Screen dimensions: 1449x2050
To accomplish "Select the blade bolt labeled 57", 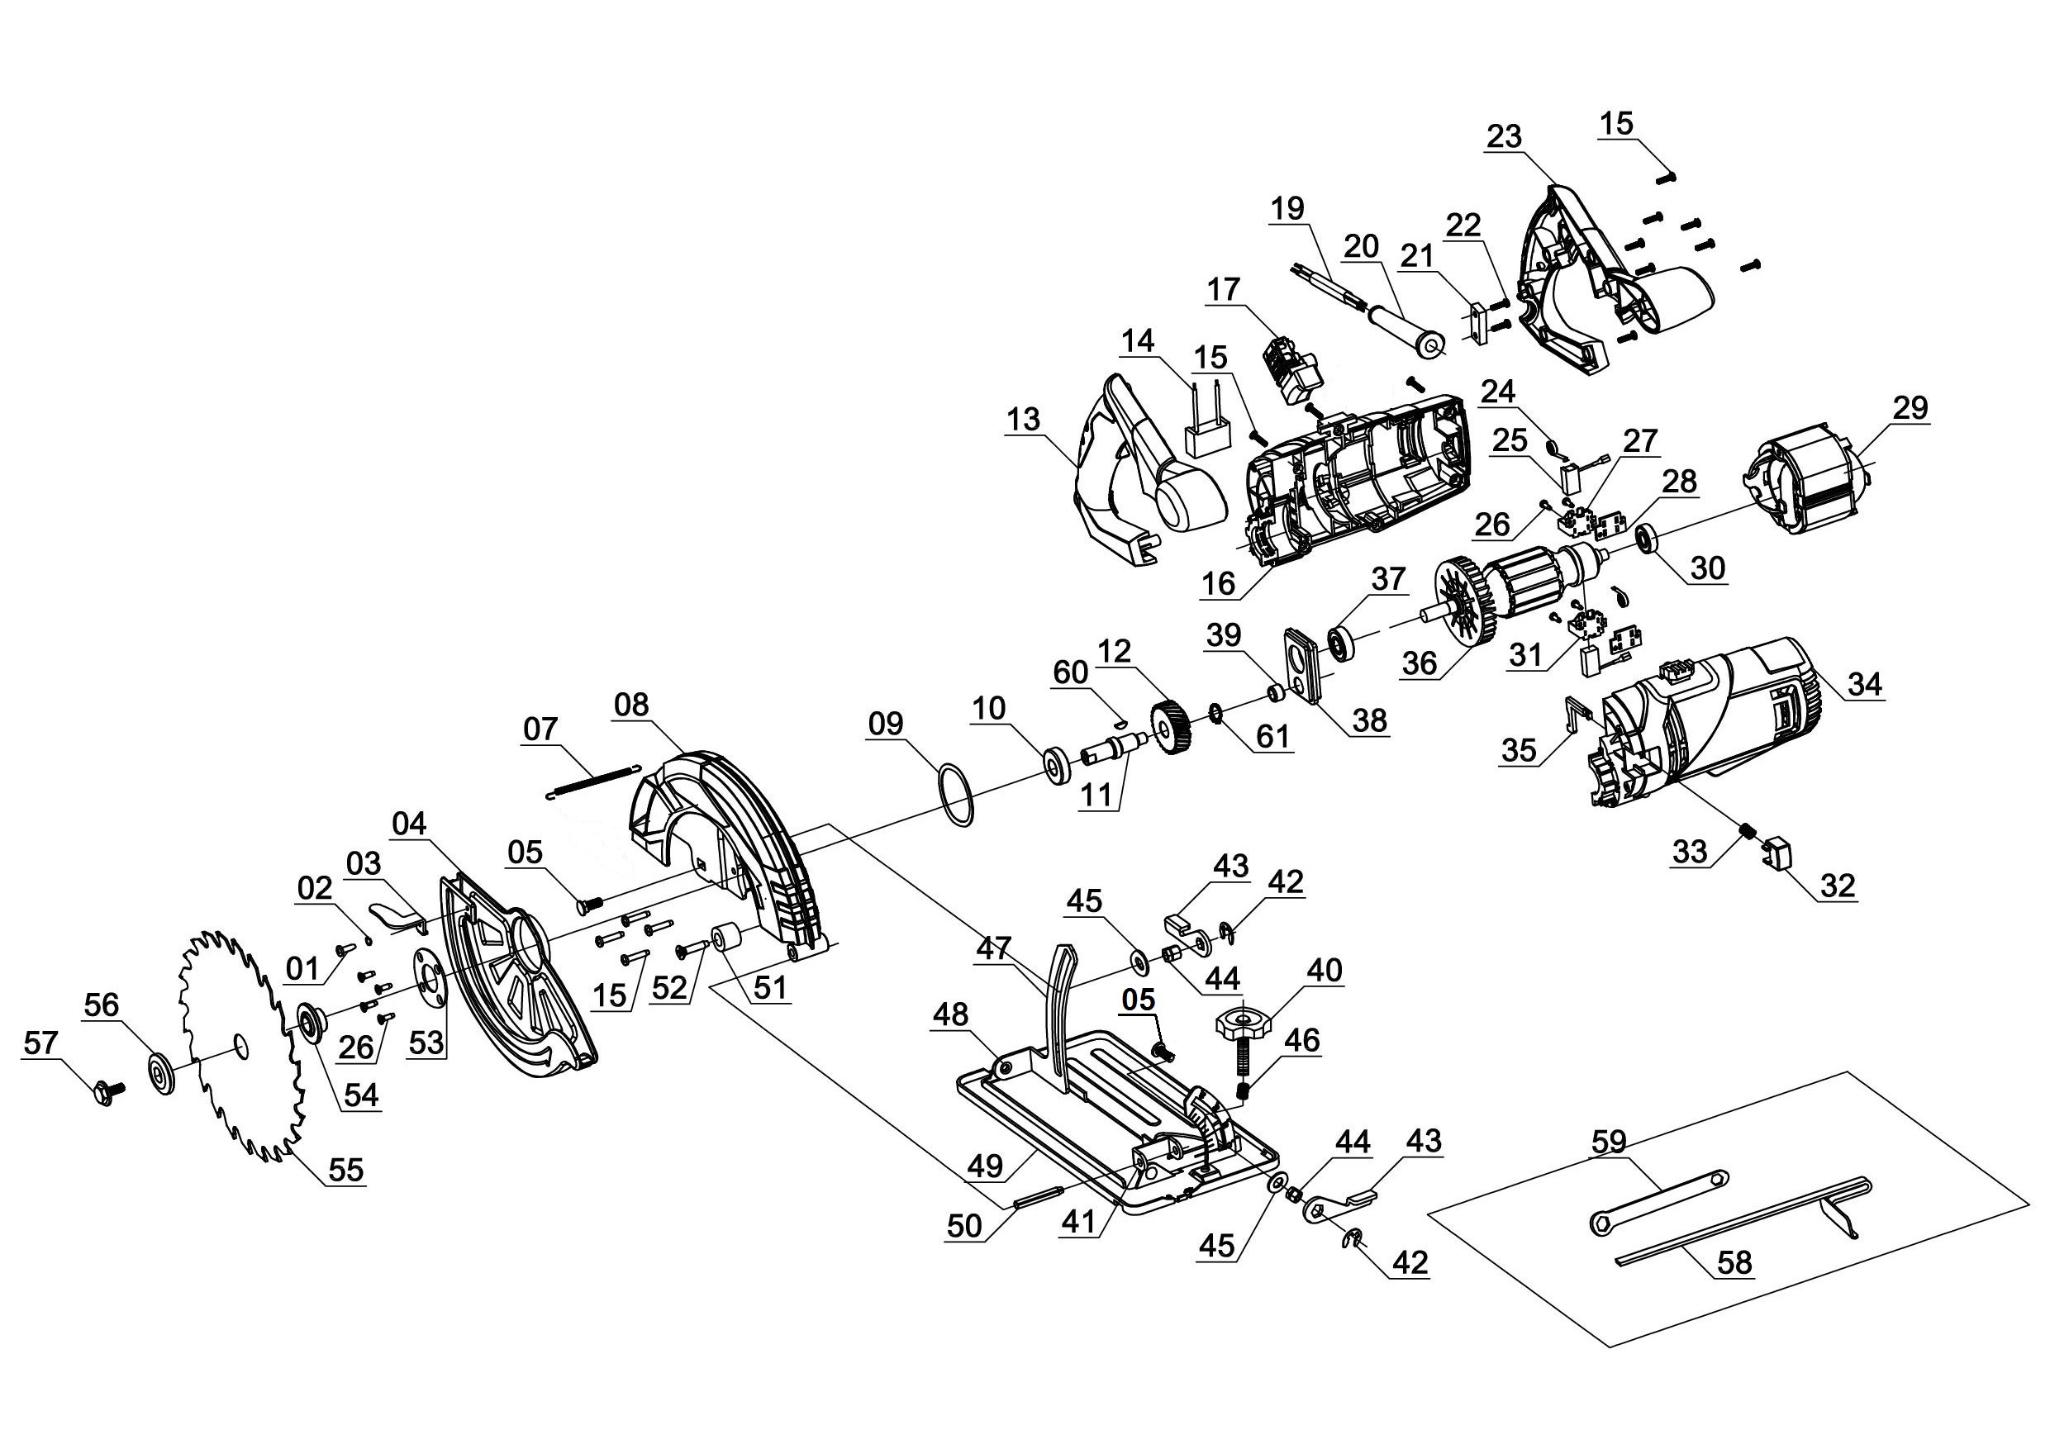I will [107, 1091].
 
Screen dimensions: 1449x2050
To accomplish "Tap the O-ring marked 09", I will [956, 796].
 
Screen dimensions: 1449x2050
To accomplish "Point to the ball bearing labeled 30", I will [1648, 539].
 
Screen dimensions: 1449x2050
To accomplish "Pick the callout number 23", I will [1504, 136].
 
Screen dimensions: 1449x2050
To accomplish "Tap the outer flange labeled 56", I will [161, 1070].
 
